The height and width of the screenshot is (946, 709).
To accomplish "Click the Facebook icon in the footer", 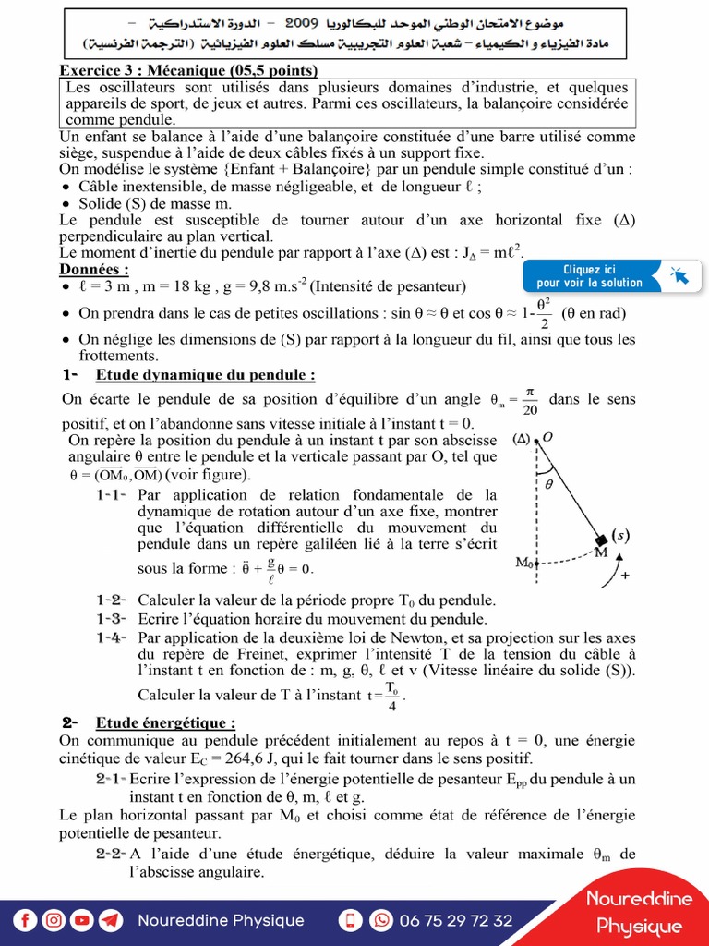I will (x=26, y=920).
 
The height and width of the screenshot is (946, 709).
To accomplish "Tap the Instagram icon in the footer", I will (x=54, y=920).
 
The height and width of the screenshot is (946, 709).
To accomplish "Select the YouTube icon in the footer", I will (x=82, y=920).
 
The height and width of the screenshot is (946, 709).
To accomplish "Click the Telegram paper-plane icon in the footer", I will (x=110, y=920).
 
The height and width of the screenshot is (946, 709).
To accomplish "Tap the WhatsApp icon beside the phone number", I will (x=380, y=920).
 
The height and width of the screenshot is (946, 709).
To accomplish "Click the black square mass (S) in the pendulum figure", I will (x=601, y=540).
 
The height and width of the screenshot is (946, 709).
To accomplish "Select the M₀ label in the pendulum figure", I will (x=523, y=561).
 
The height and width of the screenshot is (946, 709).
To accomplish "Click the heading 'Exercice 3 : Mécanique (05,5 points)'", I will (x=189, y=71).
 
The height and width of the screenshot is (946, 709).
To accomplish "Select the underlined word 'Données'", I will (x=94, y=269).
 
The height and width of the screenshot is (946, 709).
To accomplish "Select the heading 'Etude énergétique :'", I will (x=165, y=722).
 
